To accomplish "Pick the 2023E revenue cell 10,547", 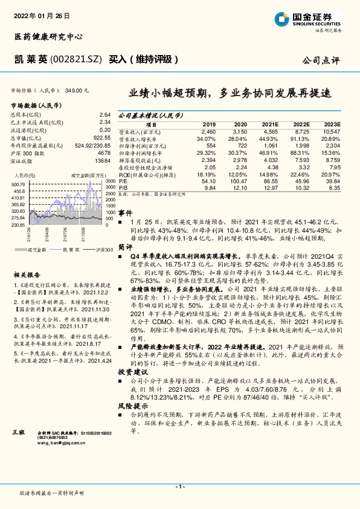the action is [x=330, y=131].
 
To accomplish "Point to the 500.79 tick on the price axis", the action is [x=18, y=183].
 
